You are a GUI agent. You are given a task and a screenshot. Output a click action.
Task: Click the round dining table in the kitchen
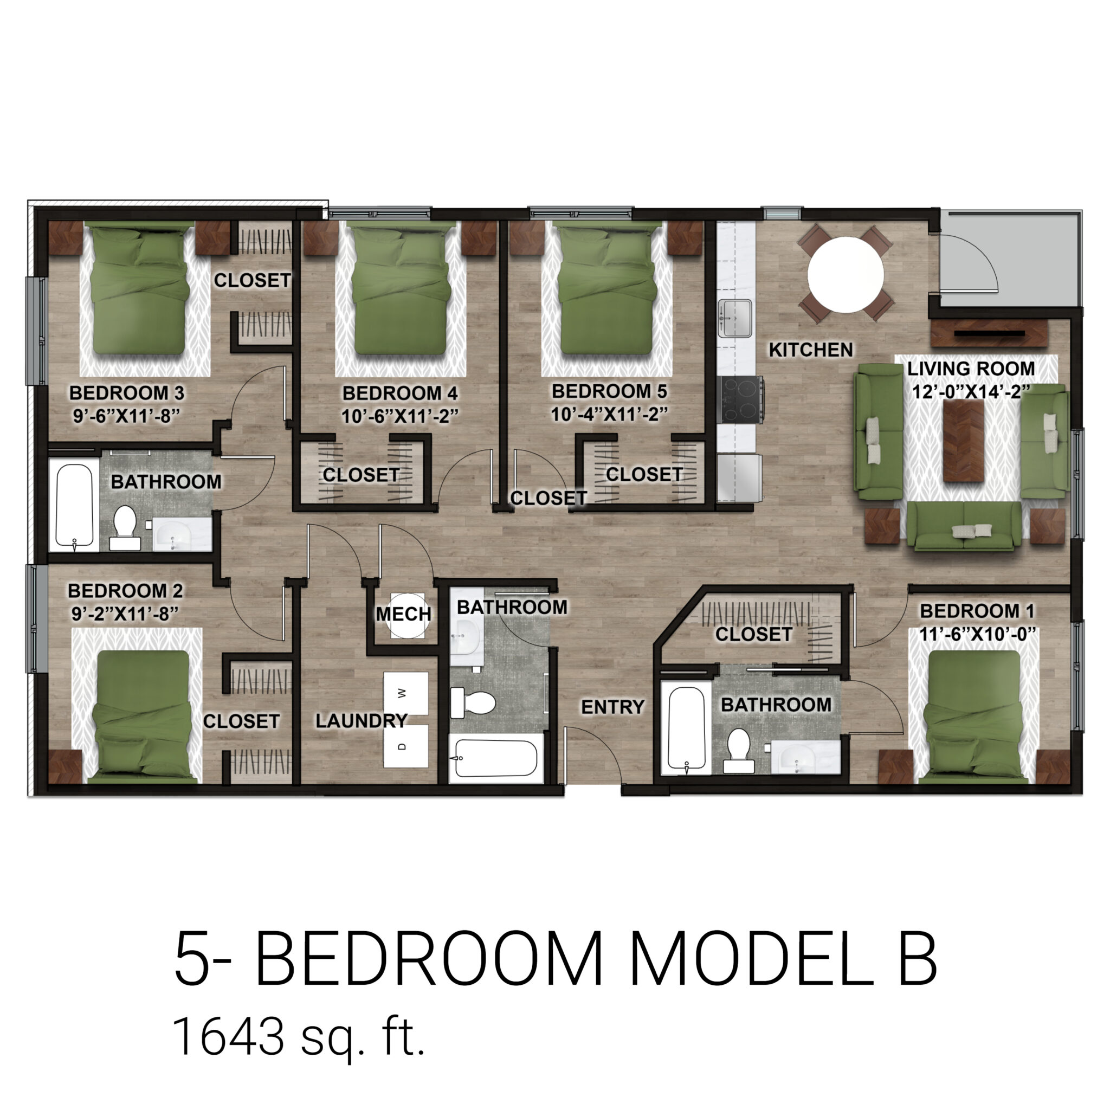pos(845,275)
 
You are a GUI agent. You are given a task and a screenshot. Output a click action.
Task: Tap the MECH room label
pos(403,614)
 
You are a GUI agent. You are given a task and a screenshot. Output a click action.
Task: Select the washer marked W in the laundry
pos(405,693)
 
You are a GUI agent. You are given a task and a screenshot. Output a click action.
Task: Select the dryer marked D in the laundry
pos(405,746)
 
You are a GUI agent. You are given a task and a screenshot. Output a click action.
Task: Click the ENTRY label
pos(612,707)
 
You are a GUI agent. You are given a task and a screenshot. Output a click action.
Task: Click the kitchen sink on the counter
pos(735,318)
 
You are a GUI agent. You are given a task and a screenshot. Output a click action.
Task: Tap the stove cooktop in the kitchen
pos(743,400)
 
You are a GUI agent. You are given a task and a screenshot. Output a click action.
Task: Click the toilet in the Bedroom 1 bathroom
pos(738,750)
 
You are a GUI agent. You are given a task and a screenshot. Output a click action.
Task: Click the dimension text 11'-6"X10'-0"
pos(977,634)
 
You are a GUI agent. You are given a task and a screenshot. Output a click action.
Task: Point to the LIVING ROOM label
pos(970,368)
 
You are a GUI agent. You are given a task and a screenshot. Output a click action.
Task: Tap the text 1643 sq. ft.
pos(299,1036)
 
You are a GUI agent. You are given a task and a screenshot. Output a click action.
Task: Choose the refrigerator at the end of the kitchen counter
pos(739,476)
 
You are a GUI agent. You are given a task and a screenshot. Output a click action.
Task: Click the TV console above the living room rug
pos(989,333)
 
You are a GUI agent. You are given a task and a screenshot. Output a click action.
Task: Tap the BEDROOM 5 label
pos(609,391)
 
